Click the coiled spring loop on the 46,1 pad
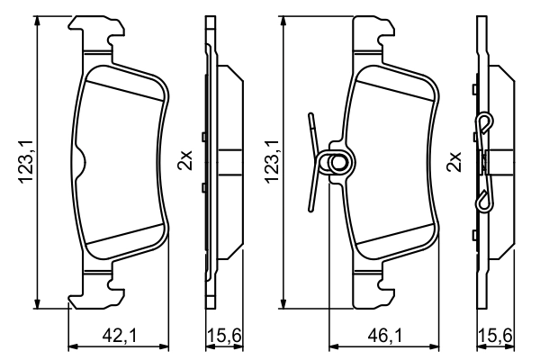point(339,163)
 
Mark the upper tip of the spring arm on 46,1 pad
point(310,117)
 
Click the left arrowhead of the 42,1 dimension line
point(72,346)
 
